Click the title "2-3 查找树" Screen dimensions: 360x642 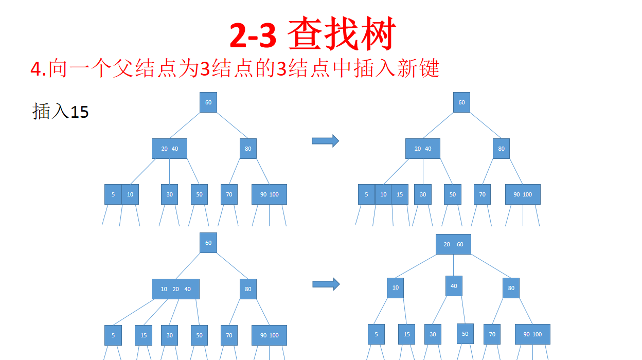tap(312, 35)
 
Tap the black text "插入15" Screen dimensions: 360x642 tap(61, 111)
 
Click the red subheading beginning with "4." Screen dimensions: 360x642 tap(235, 68)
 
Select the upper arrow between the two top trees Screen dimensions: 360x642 tap(325, 140)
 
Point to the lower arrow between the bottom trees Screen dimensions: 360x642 tap(326, 284)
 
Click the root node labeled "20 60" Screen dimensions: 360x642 tap(453, 244)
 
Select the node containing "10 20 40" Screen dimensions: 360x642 tap(175, 289)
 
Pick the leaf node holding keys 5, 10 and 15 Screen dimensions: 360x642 tap(383, 194)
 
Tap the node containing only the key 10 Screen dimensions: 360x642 tap(395, 287)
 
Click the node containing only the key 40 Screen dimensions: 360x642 tap(454, 286)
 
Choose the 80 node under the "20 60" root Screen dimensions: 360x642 tap(511, 288)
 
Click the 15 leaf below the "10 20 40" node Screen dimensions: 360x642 tap(144, 335)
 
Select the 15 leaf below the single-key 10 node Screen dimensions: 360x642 tap(406, 334)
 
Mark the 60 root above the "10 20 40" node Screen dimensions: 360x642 tap(208, 243)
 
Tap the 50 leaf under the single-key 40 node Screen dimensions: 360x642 tap(465, 334)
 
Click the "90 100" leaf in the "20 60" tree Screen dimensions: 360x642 tap(532, 334)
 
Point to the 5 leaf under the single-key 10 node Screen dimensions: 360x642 tap(376, 334)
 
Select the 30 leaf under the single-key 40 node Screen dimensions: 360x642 tap(433, 334)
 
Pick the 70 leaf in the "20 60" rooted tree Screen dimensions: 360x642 tap(492, 334)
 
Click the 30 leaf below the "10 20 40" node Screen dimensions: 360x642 tap(169, 335)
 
